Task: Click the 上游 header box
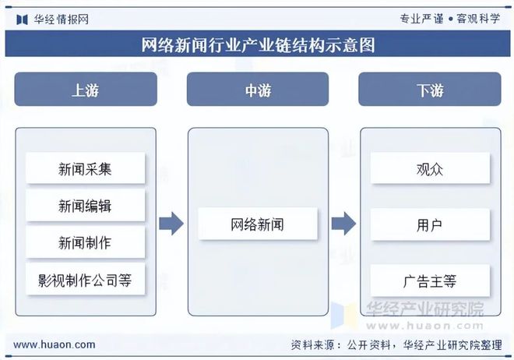tap(86, 90)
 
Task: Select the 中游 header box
tap(257, 90)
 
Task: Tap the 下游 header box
tap(429, 90)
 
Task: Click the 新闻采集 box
tap(85, 168)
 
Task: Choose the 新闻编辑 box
tap(85, 206)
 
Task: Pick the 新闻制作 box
tap(85, 242)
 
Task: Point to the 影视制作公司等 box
tap(85, 280)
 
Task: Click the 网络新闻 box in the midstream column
tap(257, 224)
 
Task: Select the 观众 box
tap(429, 168)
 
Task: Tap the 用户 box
tap(429, 224)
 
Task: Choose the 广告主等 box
tap(429, 280)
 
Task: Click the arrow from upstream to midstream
tap(171, 224)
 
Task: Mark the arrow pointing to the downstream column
tap(343, 224)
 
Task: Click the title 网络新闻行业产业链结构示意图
tap(257, 45)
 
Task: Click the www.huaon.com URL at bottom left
tap(55, 344)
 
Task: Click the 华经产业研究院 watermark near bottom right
tap(424, 309)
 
